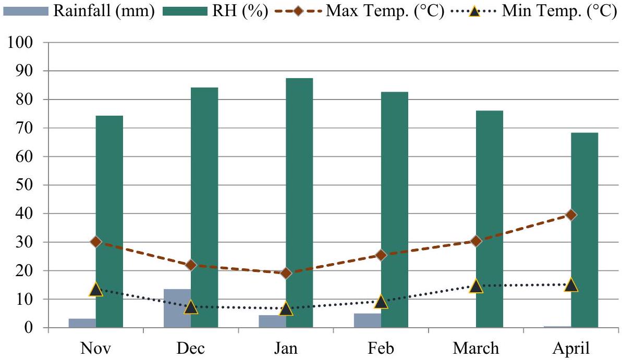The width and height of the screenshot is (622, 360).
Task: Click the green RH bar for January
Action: pyautogui.click(x=299, y=203)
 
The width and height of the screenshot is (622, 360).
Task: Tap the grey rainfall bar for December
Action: pyautogui.click(x=177, y=308)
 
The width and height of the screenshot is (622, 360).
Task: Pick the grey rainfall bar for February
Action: pyautogui.click(x=368, y=320)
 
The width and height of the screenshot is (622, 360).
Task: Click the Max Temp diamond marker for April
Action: pyautogui.click(x=571, y=215)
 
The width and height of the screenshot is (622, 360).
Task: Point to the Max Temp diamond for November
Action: pyautogui.click(x=96, y=242)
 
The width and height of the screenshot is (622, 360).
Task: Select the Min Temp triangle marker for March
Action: pyautogui.click(x=475, y=286)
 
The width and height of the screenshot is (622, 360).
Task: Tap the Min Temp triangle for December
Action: pyautogui.click(x=191, y=307)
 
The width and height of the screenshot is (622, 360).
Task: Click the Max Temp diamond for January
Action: pyautogui.click(x=286, y=273)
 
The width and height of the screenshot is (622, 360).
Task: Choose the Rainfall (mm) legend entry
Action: pyautogui.click(x=78, y=11)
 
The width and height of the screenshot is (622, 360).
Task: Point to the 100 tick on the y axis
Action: pyautogui.click(x=22, y=43)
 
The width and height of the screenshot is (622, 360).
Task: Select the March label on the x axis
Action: pyautogui.click(x=475, y=348)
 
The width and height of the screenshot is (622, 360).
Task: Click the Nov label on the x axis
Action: pyautogui.click(x=95, y=348)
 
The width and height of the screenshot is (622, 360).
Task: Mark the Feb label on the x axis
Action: pyautogui.click(x=381, y=348)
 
